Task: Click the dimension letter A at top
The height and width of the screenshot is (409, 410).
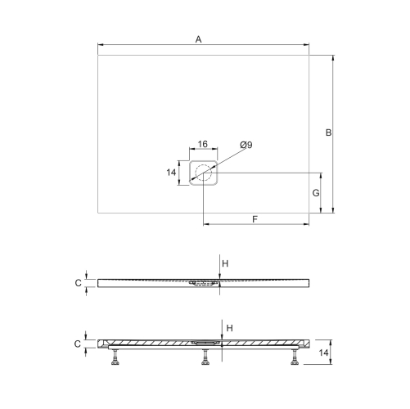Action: (198, 39)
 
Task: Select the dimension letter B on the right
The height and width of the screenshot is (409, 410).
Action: (328, 133)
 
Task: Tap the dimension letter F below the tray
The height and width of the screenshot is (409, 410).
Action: (255, 219)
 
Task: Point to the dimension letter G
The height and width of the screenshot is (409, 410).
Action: (316, 193)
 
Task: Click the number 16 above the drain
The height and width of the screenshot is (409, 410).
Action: (203, 144)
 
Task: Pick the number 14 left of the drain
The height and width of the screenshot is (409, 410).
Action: (171, 173)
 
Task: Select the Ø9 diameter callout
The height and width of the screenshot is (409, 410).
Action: (246, 145)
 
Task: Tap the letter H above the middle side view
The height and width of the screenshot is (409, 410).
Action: (225, 263)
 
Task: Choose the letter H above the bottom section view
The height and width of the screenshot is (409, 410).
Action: (230, 328)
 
